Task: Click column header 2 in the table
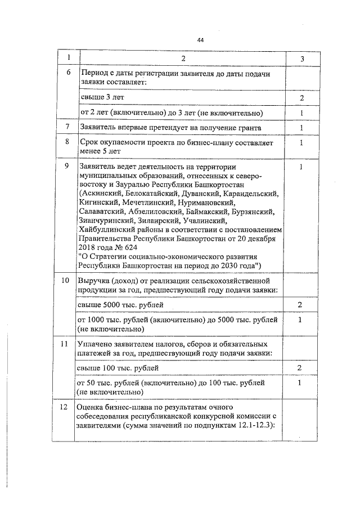click(x=183, y=58)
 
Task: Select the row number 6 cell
click(x=68, y=74)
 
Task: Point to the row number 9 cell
click(x=68, y=167)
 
